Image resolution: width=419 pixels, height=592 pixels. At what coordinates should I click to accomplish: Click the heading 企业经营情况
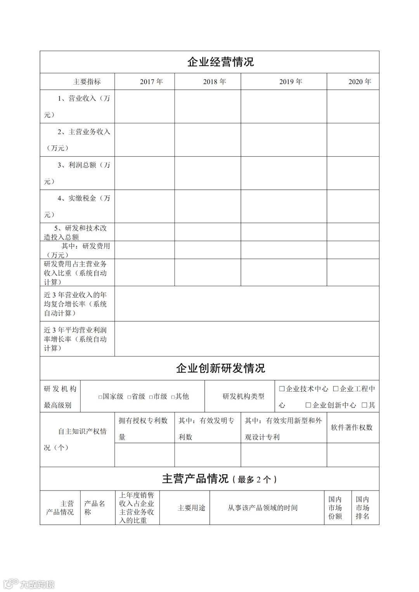[x=220, y=62]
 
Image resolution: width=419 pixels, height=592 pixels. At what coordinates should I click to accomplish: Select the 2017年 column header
[x=151, y=82]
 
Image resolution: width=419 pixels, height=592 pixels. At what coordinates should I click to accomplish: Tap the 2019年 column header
[x=291, y=82]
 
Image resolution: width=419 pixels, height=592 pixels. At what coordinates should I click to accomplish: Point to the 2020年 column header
[x=360, y=82]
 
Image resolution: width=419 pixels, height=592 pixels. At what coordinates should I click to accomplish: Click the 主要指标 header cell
[x=87, y=82]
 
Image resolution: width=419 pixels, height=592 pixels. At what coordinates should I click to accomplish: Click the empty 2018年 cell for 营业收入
[x=208, y=107]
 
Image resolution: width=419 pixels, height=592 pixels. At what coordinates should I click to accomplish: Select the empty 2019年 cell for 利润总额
[x=284, y=173]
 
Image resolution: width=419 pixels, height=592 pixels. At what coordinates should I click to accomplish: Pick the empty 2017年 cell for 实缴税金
[x=144, y=206]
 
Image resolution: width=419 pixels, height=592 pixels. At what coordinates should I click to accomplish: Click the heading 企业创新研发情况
[x=220, y=368]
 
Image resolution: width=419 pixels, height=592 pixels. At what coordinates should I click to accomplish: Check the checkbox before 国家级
[x=100, y=397]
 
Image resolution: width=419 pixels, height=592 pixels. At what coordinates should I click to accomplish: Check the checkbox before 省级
[x=129, y=397]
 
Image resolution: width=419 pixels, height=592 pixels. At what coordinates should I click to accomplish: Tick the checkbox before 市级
[x=151, y=397]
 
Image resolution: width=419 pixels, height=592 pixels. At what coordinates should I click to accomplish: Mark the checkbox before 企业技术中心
[x=282, y=389]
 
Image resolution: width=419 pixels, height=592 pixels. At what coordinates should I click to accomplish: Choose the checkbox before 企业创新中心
[x=308, y=405]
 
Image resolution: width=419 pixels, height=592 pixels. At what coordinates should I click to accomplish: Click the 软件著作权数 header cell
[x=352, y=428]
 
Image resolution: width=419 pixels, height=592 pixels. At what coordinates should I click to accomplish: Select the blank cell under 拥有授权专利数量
[x=144, y=455]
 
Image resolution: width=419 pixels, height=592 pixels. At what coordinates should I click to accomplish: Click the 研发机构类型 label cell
[x=243, y=396]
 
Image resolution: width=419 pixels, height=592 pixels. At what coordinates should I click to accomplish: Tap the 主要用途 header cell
[x=191, y=508]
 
